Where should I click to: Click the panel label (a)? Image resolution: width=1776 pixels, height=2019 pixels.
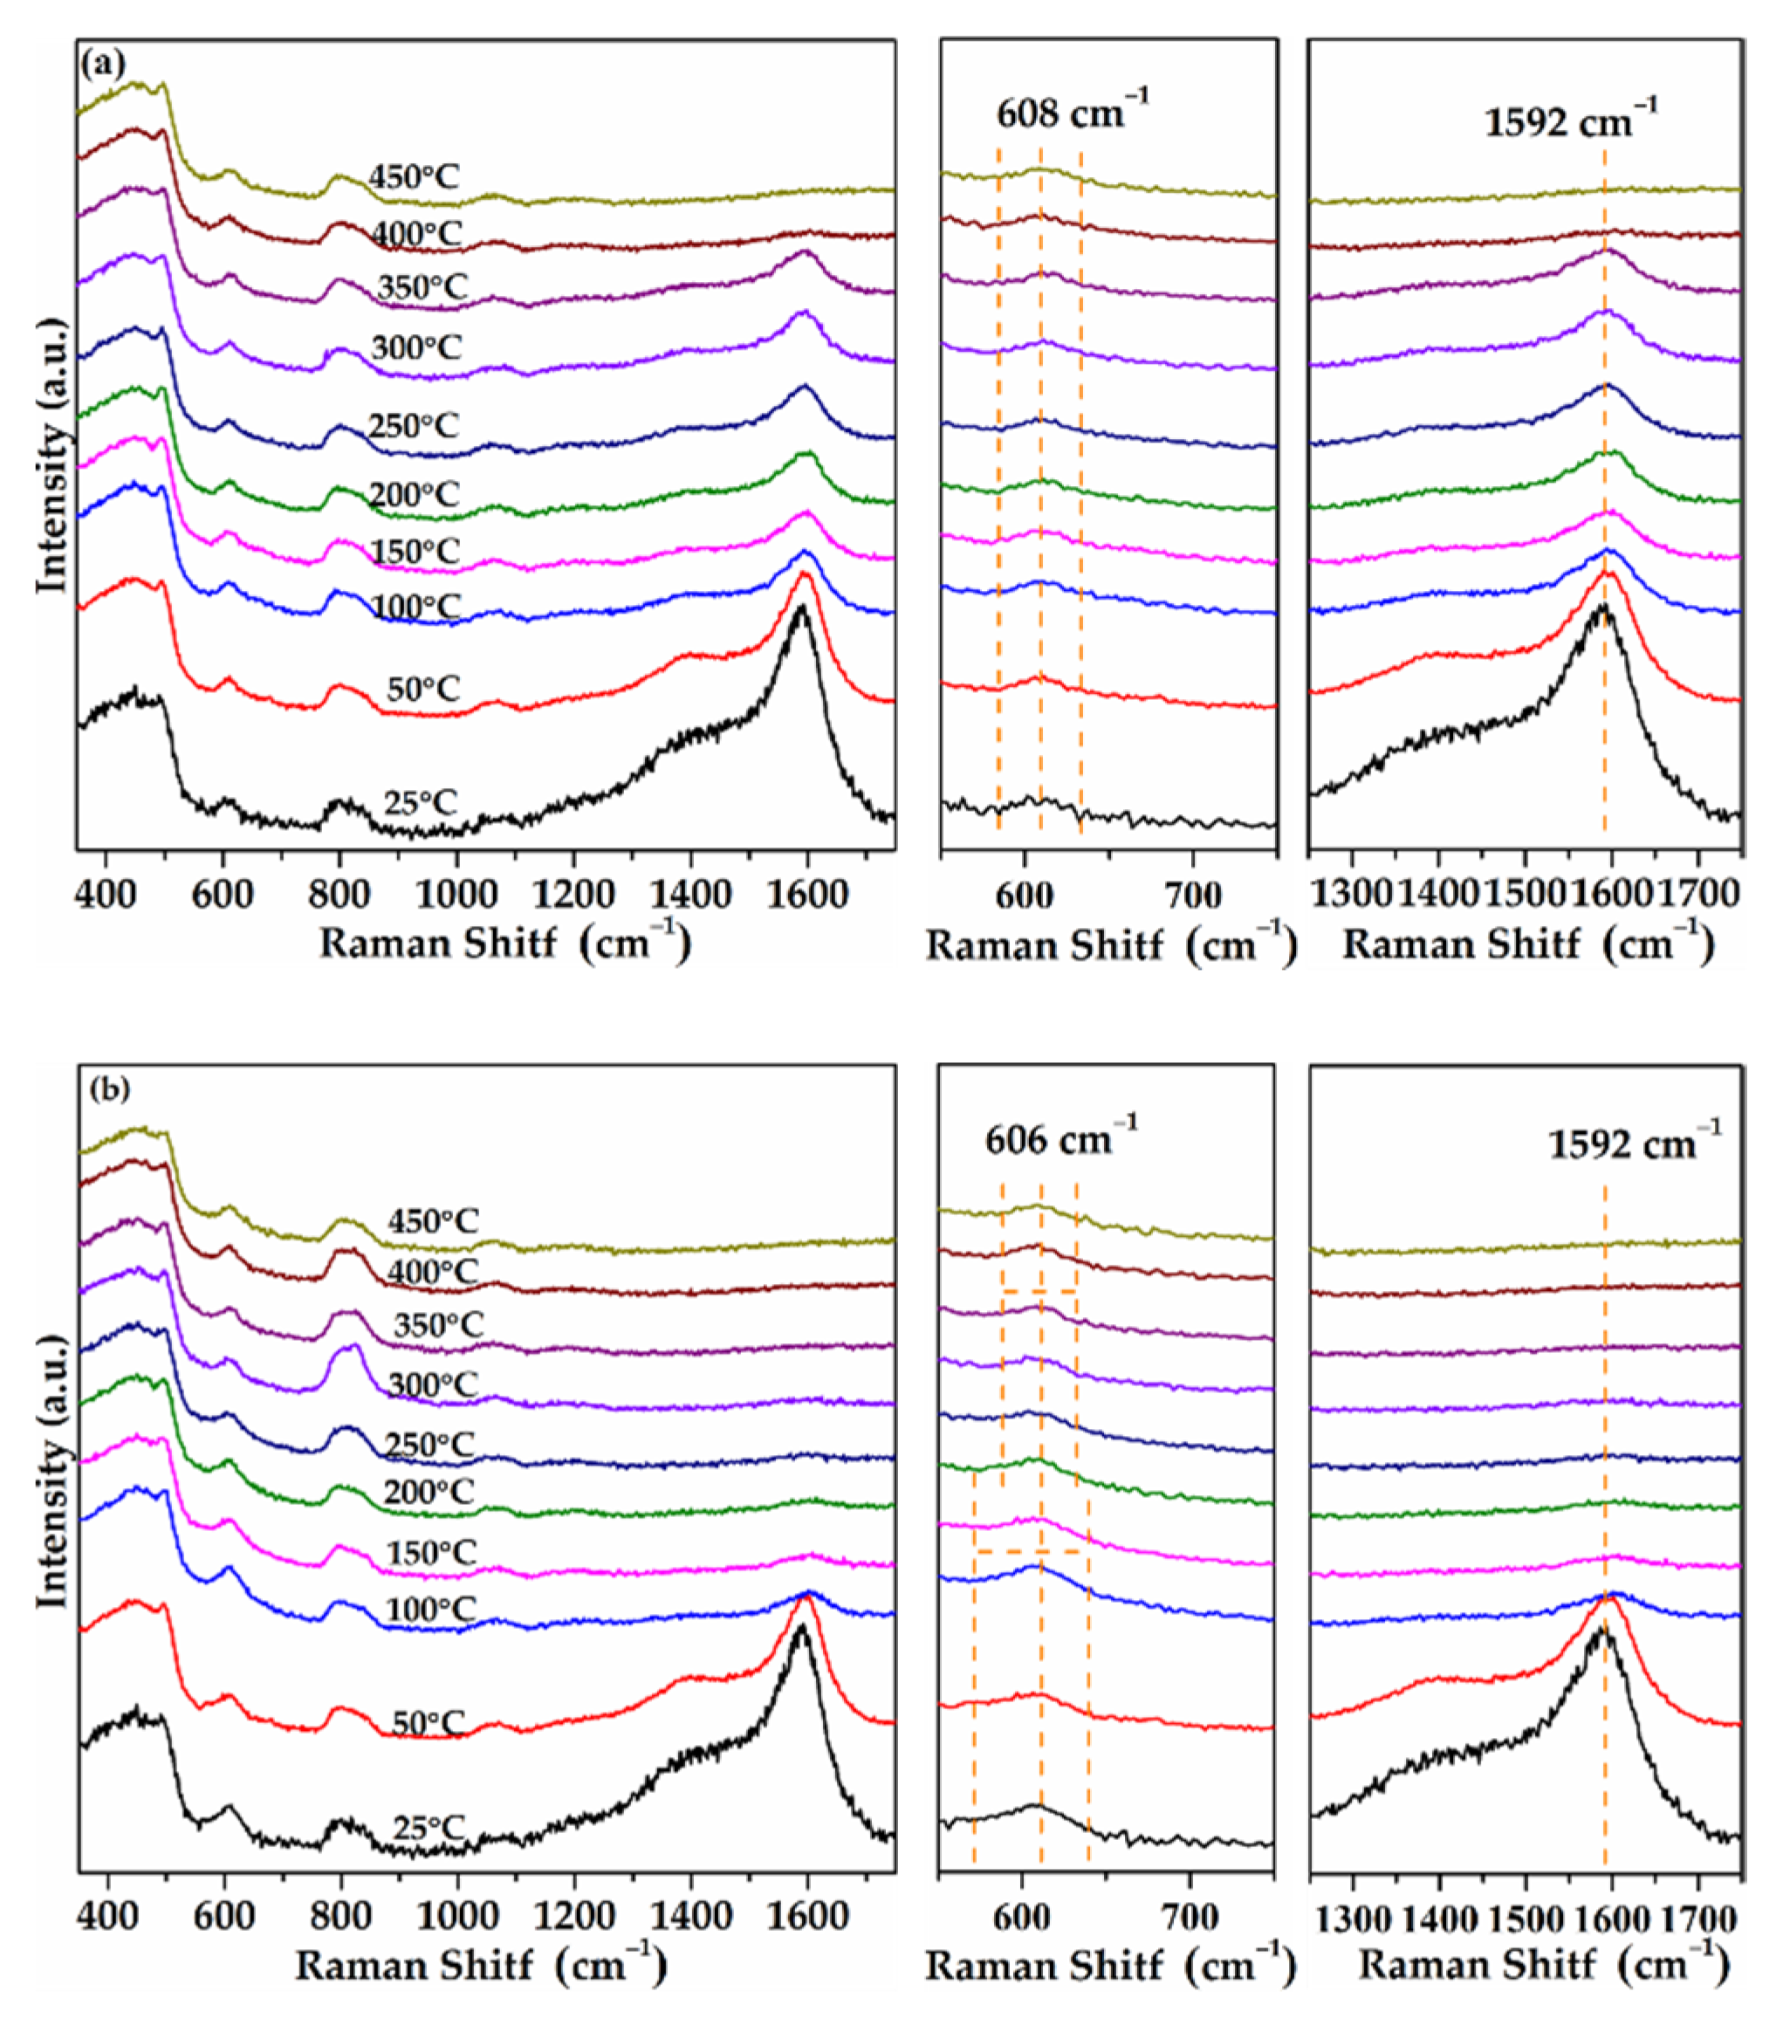point(103,65)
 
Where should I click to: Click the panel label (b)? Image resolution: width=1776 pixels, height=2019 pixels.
point(108,1088)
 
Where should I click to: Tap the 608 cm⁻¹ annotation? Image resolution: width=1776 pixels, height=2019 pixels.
point(1073,113)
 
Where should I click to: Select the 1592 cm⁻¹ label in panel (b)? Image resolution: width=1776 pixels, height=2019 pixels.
point(1634,1143)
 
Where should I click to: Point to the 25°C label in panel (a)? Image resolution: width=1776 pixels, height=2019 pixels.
point(421,802)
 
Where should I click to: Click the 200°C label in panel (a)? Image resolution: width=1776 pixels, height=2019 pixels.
point(415,494)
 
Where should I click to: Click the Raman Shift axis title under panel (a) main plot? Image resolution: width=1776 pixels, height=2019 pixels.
point(504,943)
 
